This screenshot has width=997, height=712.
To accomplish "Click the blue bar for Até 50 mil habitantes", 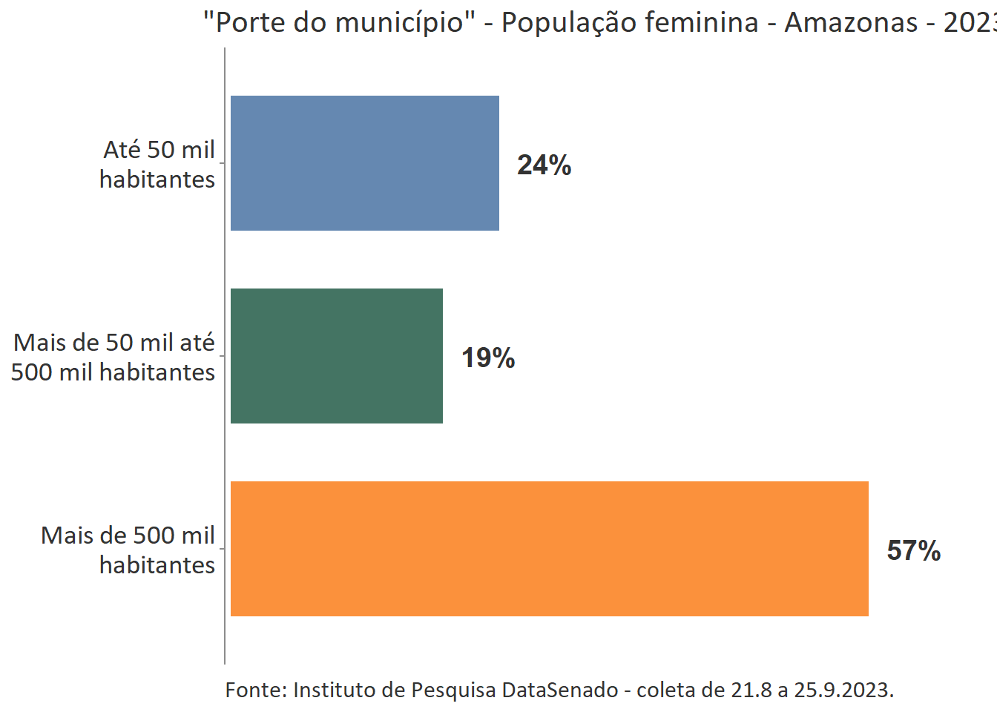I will (364, 163).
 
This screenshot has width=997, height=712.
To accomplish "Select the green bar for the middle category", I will (336, 356).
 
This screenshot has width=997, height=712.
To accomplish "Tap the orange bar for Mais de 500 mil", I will (549, 549).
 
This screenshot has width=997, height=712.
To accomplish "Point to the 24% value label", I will (544, 165).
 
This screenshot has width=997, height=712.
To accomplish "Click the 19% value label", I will (488, 358).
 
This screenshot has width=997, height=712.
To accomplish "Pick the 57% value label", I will (913, 551).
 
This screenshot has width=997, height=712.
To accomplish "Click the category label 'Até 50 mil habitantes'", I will (157, 165).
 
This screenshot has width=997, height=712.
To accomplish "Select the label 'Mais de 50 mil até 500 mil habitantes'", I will (113, 357).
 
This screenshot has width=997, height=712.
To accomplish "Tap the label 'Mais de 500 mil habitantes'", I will (128, 550).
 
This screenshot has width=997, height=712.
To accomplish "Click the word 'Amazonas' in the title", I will (851, 23).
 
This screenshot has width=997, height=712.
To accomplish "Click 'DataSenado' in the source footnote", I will (560, 690).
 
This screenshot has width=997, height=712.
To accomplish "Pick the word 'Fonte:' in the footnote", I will (256, 690).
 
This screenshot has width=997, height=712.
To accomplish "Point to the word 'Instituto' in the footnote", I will (335, 690).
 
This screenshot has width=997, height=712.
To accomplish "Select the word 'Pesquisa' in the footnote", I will (453, 690).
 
